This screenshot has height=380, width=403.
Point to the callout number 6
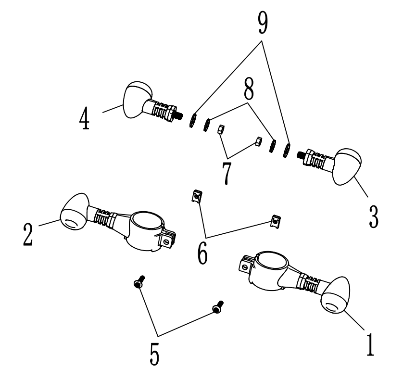pos(202,251)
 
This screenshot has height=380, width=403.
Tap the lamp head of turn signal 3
pos(348,166)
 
